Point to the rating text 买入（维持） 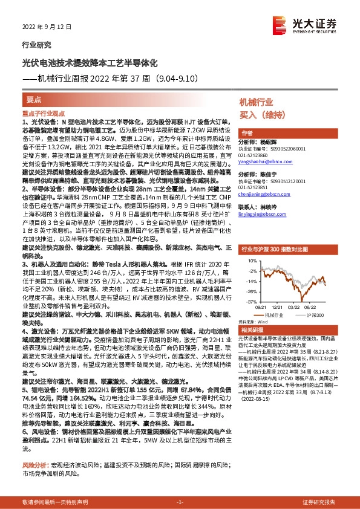pyautogui.click(x=261, y=115)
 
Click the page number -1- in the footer pyautogui.click(x=180, y=502)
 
